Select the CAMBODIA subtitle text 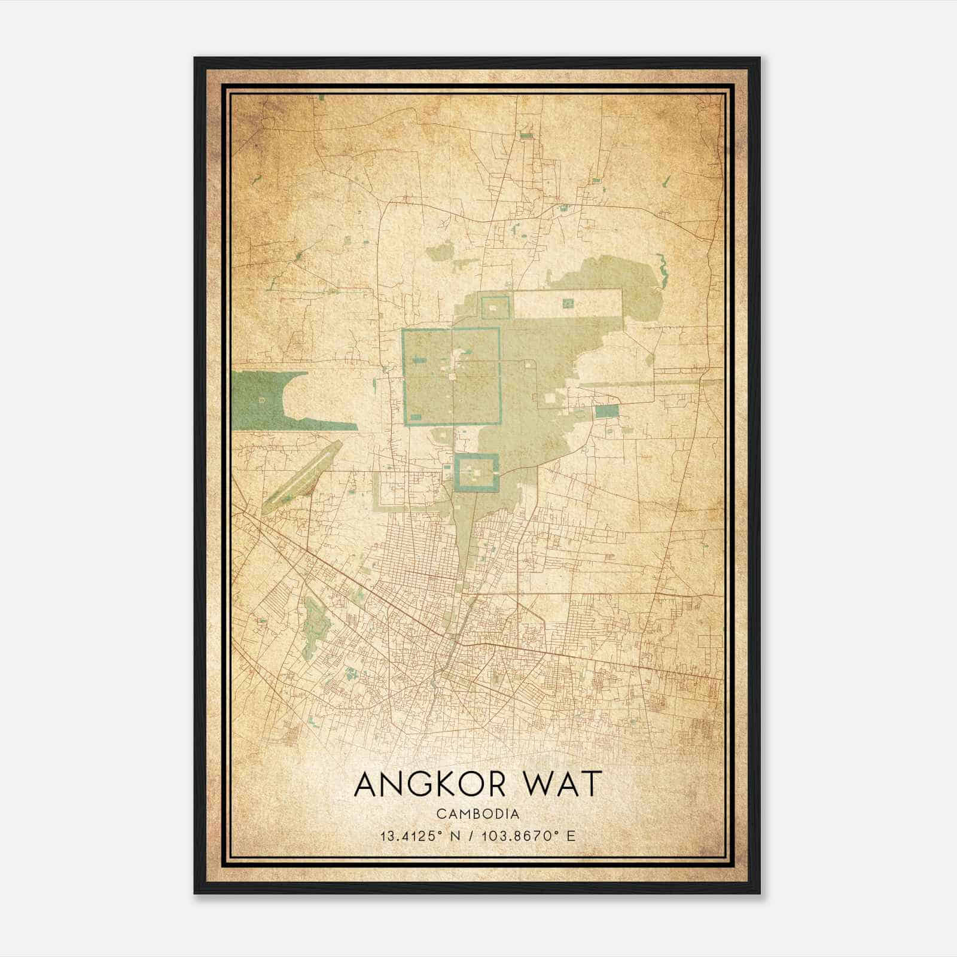[x=477, y=814]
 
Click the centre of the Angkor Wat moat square [x=477, y=473]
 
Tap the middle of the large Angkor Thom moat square [x=452, y=376]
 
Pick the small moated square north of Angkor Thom [x=495, y=307]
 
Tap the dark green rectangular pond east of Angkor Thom [x=606, y=411]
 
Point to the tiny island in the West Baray [x=261, y=398]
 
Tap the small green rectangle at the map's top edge [x=322, y=97]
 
